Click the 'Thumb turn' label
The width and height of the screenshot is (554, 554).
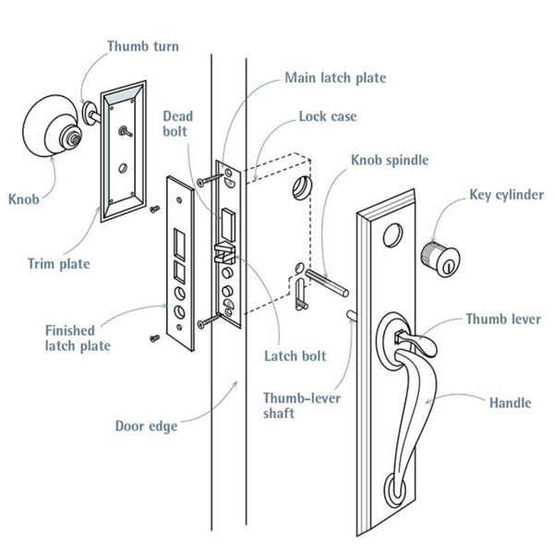coord(142,45)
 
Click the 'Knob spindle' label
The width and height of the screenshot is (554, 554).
coord(389,160)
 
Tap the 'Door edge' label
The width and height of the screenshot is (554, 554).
coord(146,426)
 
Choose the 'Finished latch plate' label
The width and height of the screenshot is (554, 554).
coord(78,337)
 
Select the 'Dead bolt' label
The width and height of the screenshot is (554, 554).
coord(178,125)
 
